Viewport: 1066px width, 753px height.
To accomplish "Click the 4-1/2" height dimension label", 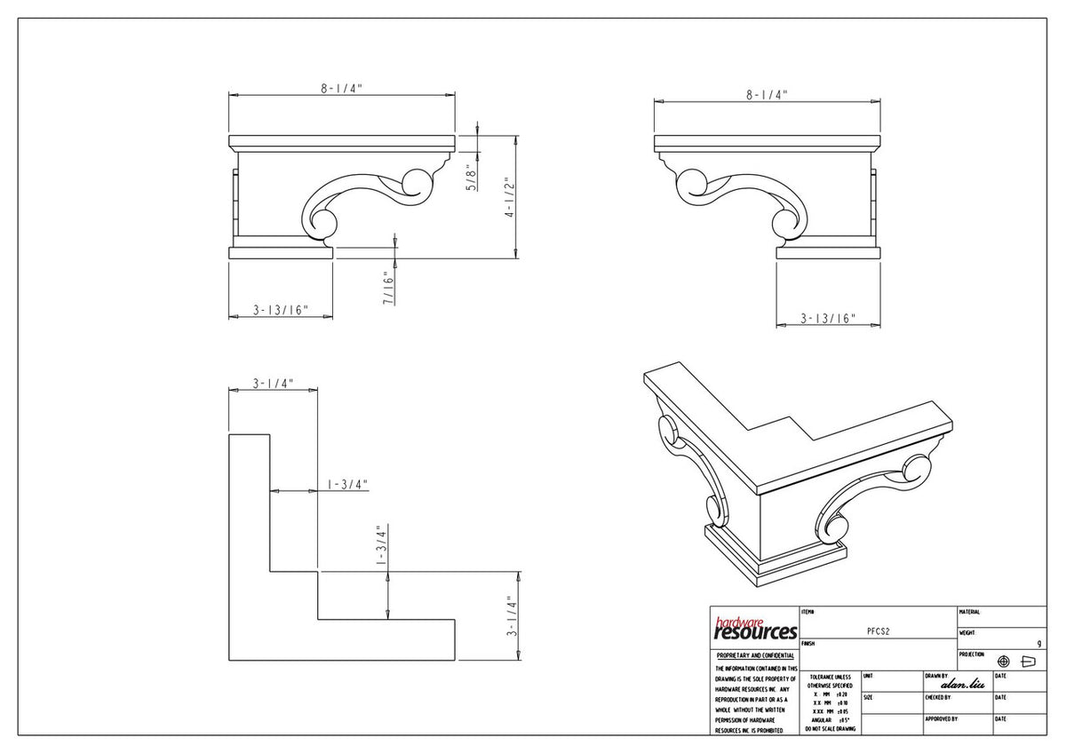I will coord(510,199).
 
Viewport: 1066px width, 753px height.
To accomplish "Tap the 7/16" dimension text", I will coord(388,289).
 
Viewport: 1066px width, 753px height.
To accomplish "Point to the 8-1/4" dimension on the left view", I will coord(342,89).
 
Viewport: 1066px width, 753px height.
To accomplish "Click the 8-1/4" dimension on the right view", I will coord(767,94).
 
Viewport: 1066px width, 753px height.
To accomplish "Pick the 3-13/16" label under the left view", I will coord(281,310).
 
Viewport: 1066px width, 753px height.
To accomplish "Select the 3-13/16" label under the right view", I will coord(828,318).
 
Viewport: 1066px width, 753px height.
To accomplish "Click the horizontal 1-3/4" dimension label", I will coord(347,484).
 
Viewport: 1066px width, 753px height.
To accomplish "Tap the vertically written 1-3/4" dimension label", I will coord(380,545).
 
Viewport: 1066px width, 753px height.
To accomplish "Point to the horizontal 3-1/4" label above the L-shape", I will coord(273,384).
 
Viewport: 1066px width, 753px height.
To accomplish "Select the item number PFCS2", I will coord(878,630).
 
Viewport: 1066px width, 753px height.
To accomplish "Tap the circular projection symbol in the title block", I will coord(1004,662).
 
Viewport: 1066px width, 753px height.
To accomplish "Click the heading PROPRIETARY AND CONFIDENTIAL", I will coord(754,655).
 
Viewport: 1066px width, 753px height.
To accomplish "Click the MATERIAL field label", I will coord(969,612).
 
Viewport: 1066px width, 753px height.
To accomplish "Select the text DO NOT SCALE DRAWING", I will coord(830,729).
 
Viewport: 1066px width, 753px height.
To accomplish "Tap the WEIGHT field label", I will coord(967,633).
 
